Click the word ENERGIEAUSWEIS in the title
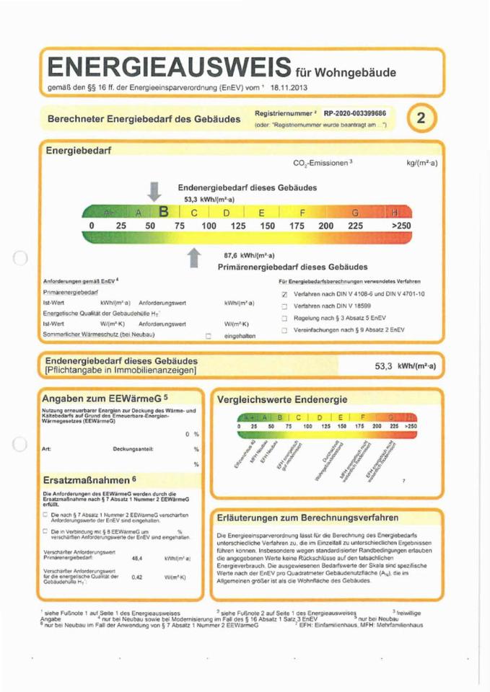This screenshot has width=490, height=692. point(169,68)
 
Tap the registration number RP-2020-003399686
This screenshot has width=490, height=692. point(354,114)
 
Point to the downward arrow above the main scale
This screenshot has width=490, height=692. point(154,192)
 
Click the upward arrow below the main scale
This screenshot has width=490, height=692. point(194,257)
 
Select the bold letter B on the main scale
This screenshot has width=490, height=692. point(164,212)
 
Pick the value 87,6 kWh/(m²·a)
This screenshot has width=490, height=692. point(247,254)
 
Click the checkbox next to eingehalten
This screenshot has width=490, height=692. point(209,335)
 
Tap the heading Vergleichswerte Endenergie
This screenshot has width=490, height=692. point(282,399)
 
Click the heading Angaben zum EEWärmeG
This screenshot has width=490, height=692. point(105,397)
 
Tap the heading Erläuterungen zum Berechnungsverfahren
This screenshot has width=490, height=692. point(307,518)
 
